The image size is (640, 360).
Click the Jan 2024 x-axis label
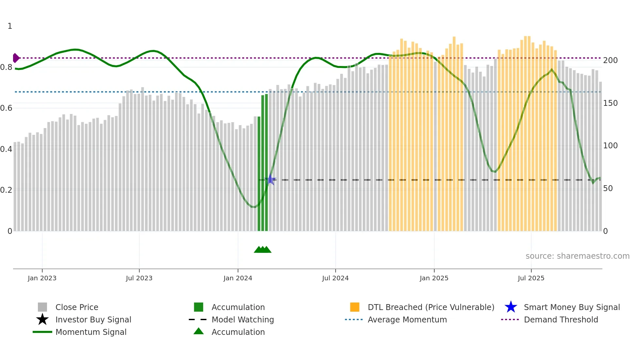[238, 278]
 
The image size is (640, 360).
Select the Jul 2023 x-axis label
[139, 278]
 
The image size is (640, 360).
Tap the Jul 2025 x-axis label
[531, 278]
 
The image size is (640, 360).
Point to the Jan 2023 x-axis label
[42, 278]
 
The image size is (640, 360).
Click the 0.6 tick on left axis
[6, 108]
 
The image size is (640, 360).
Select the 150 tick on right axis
[610, 103]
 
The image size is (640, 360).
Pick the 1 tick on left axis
[10, 26]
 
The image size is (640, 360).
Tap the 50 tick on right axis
[608, 188]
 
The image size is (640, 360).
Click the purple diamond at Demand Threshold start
[16, 58]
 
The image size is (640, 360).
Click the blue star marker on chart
[270, 180]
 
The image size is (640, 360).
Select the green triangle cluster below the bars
[263, 250]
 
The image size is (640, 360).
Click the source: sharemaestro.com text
[577, 256]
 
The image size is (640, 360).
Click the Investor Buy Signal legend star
[42, 320]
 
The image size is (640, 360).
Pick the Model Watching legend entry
[242, 320]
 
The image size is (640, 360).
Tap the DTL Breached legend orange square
[355, 307]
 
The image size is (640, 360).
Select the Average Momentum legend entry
[407, 320]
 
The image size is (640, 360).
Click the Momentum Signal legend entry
[91, 332]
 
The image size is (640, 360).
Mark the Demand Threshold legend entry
[561, 320]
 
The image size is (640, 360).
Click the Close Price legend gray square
[42, 307]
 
